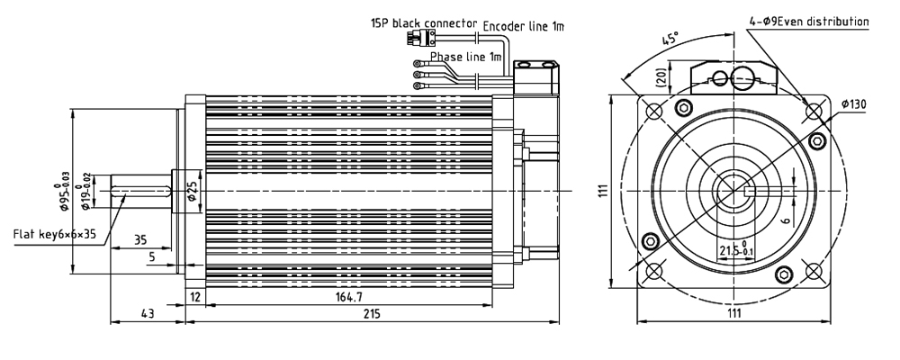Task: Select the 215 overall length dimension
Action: click(371, 313)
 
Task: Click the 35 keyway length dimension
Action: click(139, 240)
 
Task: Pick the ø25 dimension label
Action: click(191, 192)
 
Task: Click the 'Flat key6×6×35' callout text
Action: click(55, 235)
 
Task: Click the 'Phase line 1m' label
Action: click(464, 56)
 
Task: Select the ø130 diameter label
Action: click(853, 104)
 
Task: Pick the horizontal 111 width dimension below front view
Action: click(733, 313)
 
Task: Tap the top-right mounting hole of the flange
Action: click(814, 111)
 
